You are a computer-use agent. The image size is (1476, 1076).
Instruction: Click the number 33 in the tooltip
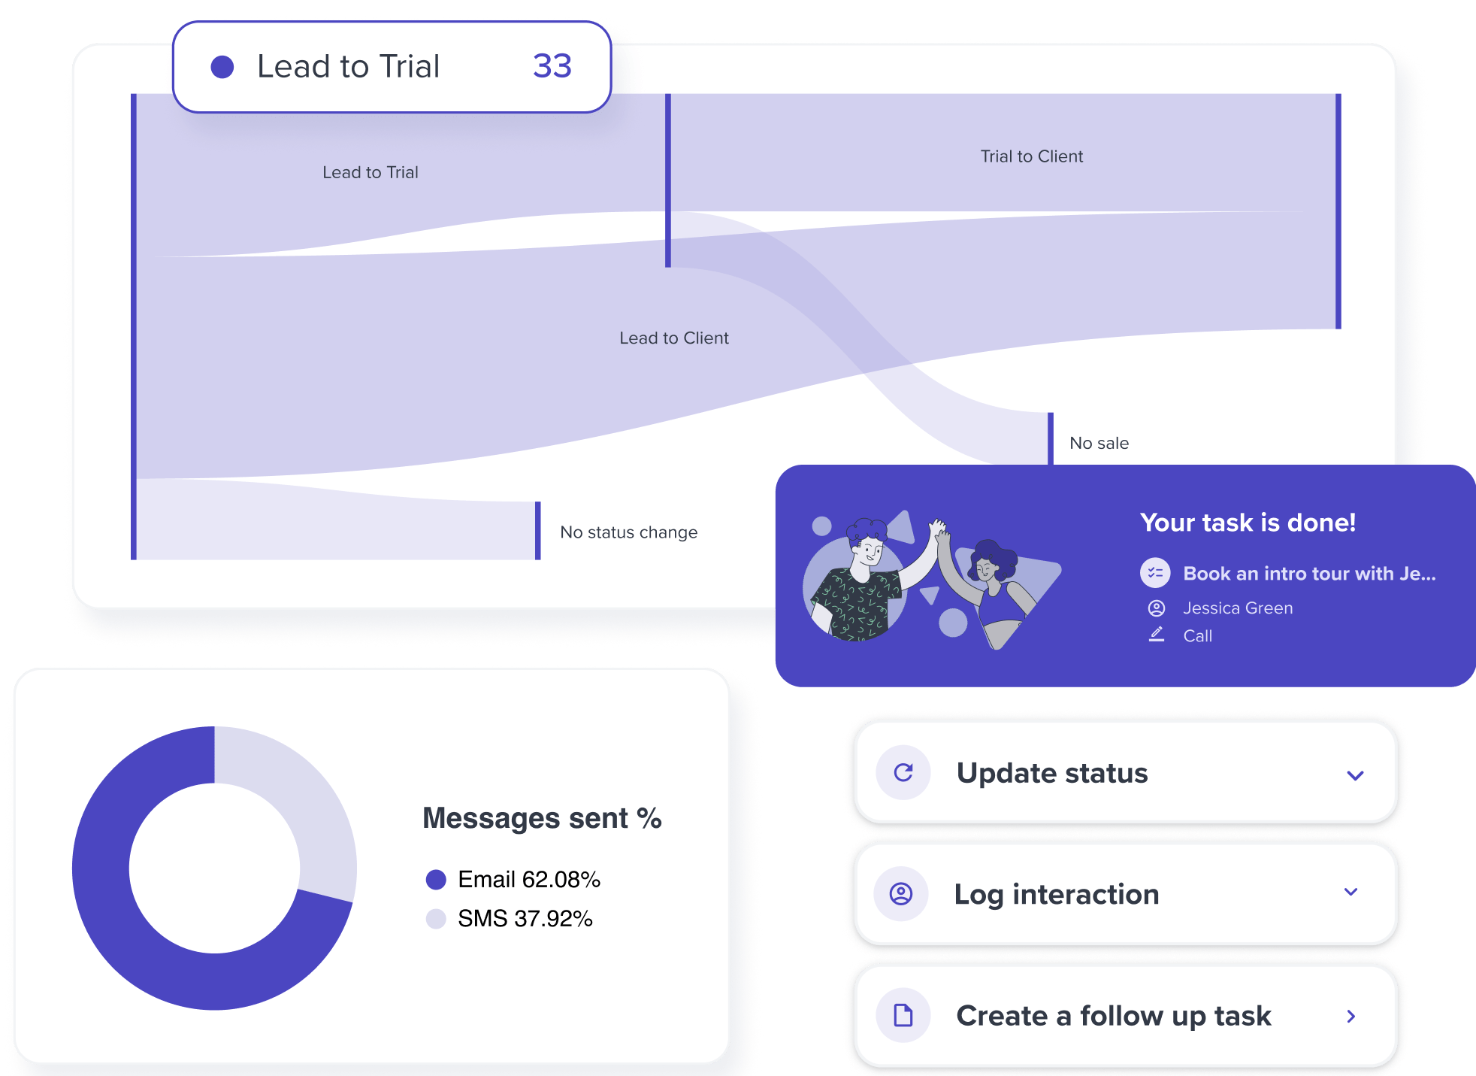pos(552,66)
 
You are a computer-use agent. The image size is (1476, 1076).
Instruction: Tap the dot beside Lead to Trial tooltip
pos(222,67)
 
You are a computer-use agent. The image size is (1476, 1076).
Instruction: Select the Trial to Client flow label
pos(1031,156)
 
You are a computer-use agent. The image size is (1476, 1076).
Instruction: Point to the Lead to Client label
pos(673,338)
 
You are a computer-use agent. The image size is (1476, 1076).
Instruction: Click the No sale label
pos(1099,444)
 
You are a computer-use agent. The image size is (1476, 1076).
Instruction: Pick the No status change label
pos(628,532)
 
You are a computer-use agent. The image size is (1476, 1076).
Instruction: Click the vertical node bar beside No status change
pos(538,531)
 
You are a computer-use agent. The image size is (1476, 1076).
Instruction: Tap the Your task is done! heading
pos(1248,523)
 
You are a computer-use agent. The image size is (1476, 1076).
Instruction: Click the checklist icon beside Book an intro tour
pos(1155,573)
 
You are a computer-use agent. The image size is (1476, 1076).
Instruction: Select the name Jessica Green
pos(1238,608)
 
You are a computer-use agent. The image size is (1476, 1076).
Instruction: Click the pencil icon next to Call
pos(1157,635)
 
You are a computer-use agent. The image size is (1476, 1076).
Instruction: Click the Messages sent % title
pos(542,818)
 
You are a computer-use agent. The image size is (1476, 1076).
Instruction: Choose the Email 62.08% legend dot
pos(436,879)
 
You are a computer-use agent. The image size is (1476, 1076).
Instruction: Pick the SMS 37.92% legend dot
pos(436,919)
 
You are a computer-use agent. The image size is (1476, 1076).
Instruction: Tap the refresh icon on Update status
pos(903,772)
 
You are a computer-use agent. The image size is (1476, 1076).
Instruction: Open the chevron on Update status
pos(1355,775)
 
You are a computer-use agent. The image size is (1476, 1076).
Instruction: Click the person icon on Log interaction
pos(901,893)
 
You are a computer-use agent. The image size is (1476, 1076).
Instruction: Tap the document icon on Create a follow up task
pos(903,1016)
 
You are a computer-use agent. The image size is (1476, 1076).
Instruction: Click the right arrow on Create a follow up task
pos(1351,1017)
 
